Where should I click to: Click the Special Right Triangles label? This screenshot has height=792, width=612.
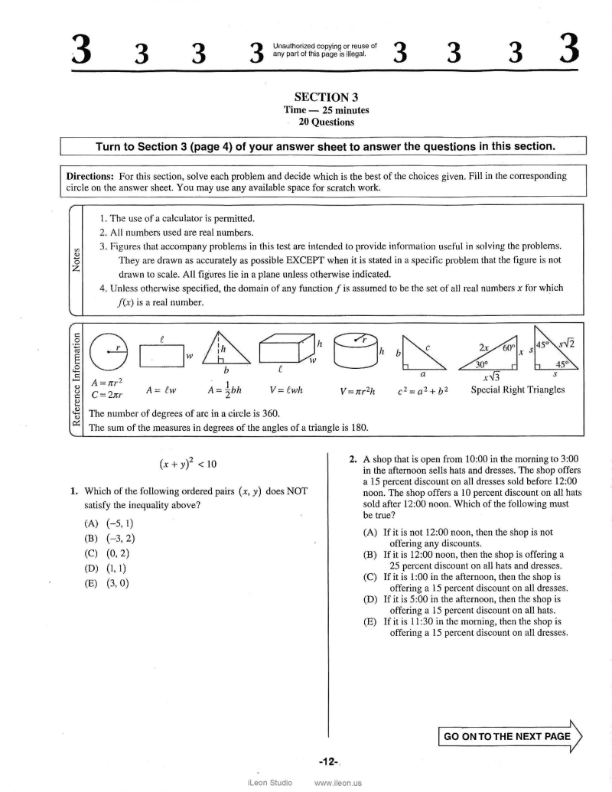(x=518, y=389)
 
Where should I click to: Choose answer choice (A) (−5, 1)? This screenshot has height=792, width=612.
(x=110, y=523)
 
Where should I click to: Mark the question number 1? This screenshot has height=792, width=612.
(x=74, y=491)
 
